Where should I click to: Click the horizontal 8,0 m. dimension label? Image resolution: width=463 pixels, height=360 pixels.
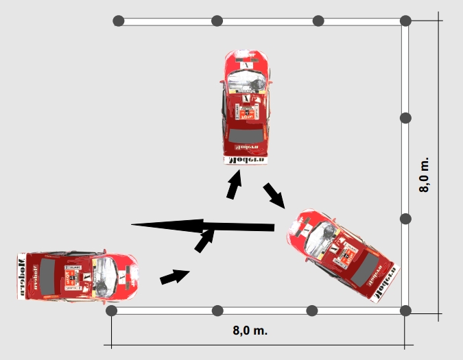pyautogui.click(x=250, y=331)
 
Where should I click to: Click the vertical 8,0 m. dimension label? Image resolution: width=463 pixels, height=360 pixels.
pyautogui.click(x=425, y=175)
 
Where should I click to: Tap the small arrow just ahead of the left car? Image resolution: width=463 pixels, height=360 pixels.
pyautogui.click(x=175, y=276)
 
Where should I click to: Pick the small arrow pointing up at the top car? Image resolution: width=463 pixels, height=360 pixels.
pyautogui.click(x=235, y=185)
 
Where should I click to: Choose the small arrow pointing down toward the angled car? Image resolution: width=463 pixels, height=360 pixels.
pyautogui.click(x=274, y=195)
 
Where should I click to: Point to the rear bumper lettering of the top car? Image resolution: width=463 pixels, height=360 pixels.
pyautogui.click(x=245, y=160)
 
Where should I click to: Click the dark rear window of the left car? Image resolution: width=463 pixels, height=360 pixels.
pyautogui.click(x=47, y=276)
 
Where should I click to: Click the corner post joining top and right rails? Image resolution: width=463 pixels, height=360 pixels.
pyautogui.click(x=405, y=21)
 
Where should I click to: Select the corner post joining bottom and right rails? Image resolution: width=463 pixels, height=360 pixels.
pyautogui.click(x=405, y=311)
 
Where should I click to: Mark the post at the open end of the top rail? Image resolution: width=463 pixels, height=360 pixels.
pyautogui.click(x=118, y=21)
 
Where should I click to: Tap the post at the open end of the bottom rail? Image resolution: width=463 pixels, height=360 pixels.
pyautogui.click(x=112, y=311)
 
